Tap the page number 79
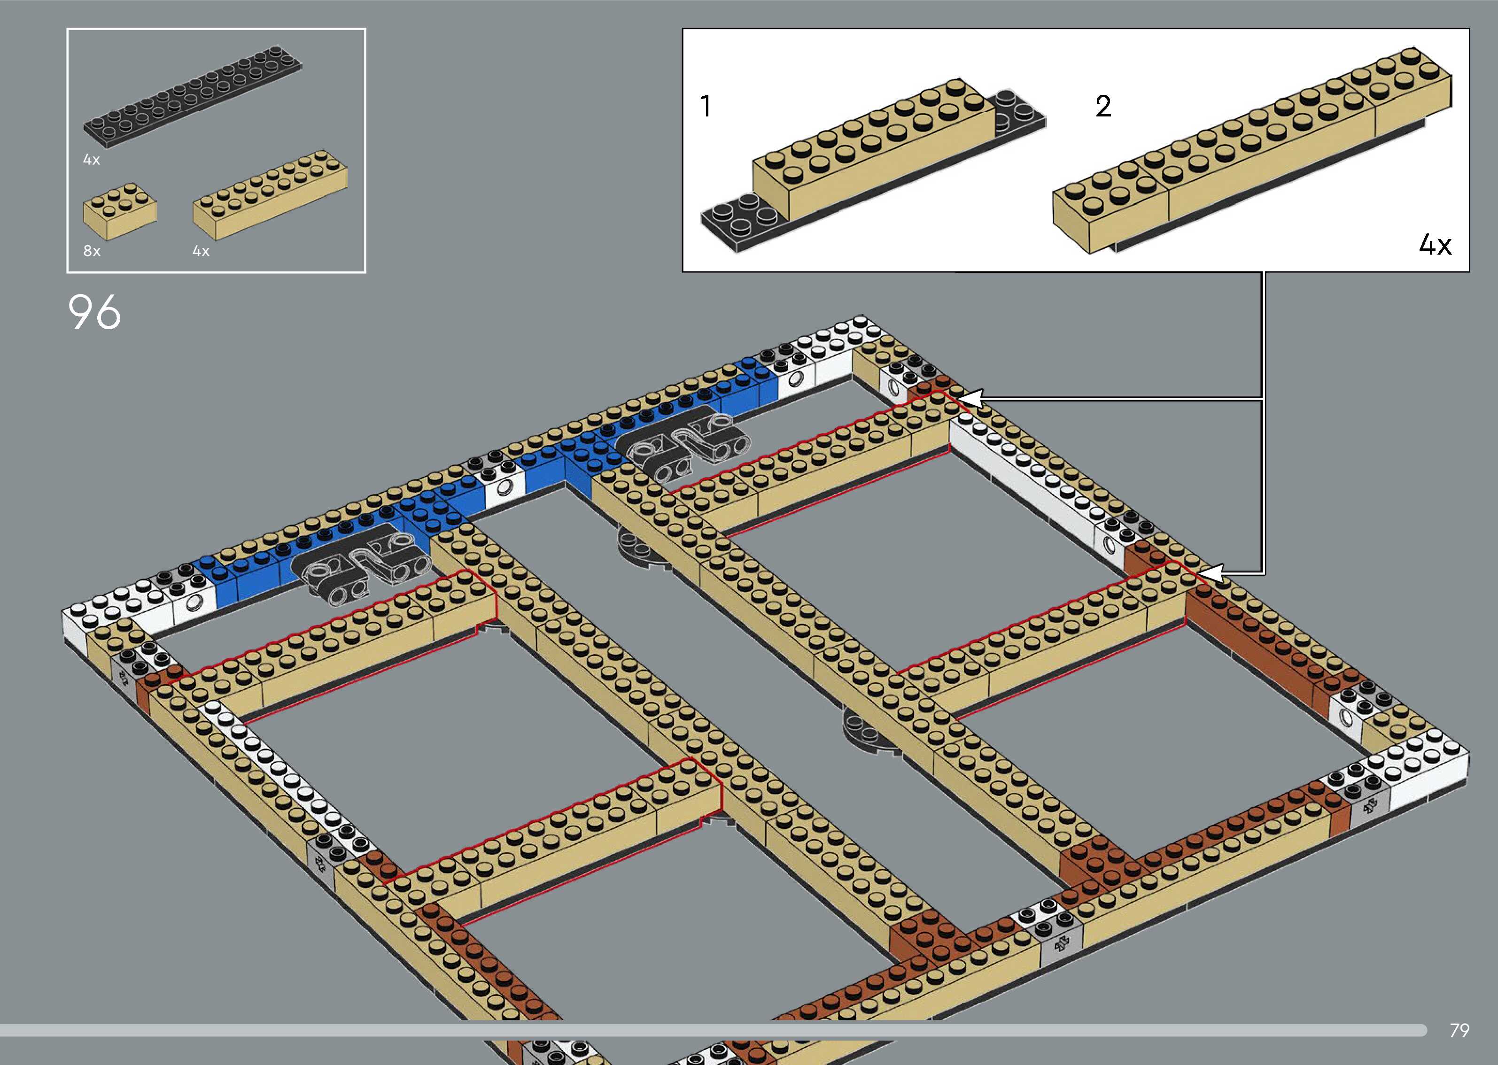[1459, 1030]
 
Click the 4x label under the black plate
[91, 159]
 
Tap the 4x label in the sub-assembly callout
[1435, 245]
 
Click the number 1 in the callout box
[706, 106]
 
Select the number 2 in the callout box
[1103, 106]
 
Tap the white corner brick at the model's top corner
[839, 341]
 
